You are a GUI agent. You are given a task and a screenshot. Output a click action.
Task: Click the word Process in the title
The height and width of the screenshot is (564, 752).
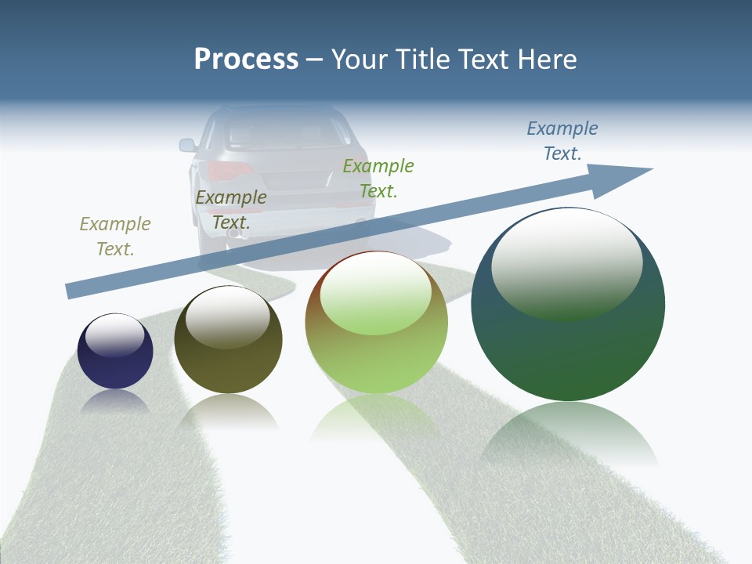click(246, 60)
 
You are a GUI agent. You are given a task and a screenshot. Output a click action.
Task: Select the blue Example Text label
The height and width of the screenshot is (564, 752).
click(562, 140)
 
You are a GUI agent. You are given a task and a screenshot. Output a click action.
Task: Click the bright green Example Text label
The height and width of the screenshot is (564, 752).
click(378, 178)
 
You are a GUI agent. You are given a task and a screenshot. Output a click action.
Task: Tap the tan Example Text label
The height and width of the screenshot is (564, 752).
click(115, 236)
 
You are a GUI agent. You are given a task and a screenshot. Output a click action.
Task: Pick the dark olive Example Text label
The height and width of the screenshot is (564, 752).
click(231, 210)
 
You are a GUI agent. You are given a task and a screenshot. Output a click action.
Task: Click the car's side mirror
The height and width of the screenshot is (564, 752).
click(187, 145)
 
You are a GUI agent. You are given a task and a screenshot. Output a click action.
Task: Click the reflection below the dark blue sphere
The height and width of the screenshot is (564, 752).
click(115, 402)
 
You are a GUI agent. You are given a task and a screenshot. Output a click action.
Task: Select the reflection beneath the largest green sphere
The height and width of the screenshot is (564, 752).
click(568, 435)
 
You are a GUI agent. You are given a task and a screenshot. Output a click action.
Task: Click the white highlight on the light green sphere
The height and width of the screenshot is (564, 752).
click(375, 291)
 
